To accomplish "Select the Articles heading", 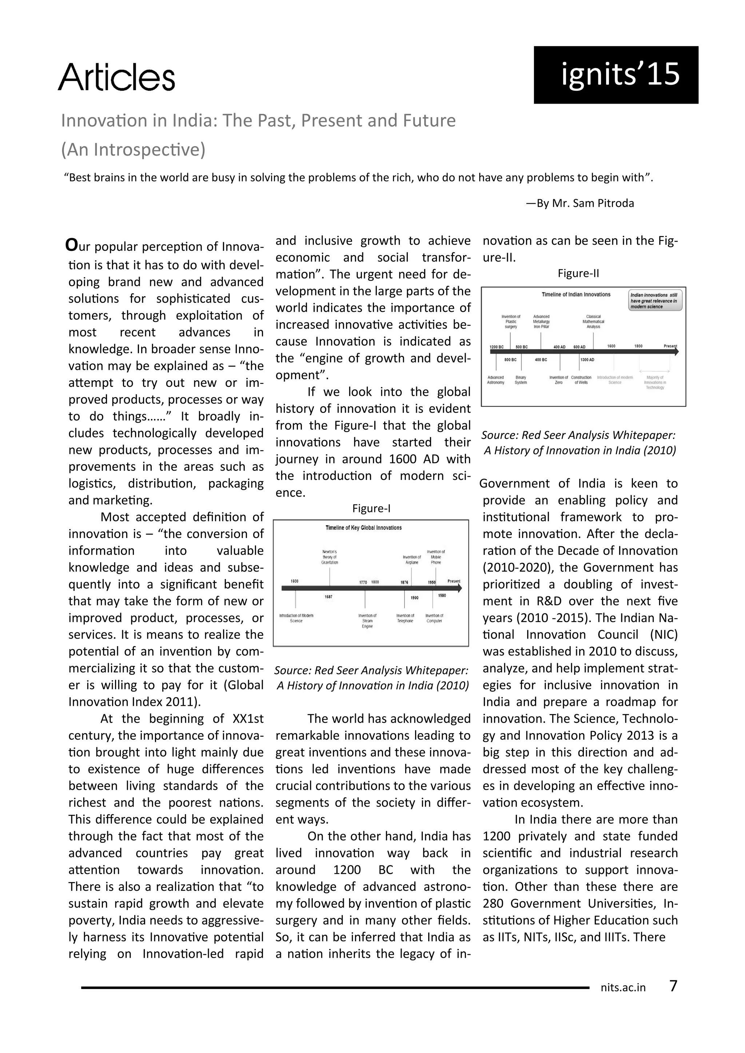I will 116,77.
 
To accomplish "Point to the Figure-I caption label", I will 371,508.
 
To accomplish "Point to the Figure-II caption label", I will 578,273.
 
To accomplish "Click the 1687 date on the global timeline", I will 328,597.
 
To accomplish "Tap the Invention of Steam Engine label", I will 367,621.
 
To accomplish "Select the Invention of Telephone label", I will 405,618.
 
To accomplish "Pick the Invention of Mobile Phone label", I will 436,557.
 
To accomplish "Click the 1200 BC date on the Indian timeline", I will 496,347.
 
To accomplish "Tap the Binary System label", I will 521,380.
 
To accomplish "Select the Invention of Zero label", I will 558,380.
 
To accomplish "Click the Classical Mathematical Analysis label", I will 593,321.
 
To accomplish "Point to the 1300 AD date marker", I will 587,360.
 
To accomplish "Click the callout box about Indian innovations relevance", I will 655,300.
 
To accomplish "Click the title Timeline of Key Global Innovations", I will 363,528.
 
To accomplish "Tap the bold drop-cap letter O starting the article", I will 71,245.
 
